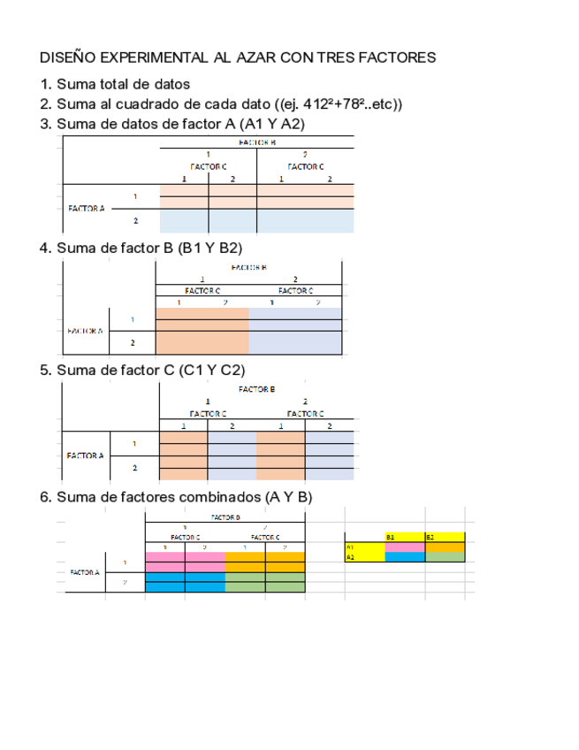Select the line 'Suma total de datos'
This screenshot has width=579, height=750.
[x=123, y=84]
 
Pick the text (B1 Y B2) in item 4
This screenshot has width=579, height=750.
[x=210, y=248]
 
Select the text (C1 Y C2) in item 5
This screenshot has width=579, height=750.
[x=211, y=370]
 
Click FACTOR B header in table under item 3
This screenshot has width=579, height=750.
[x=256, y=142]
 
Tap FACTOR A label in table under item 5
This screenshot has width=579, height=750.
[x=86, y=455]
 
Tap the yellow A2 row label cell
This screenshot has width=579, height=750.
[x=364, y=557]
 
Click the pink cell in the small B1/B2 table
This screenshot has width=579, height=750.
[x=405, y=547]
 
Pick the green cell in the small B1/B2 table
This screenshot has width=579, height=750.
[x=445, y=557]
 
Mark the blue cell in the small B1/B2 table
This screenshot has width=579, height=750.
[x=405, y=557]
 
